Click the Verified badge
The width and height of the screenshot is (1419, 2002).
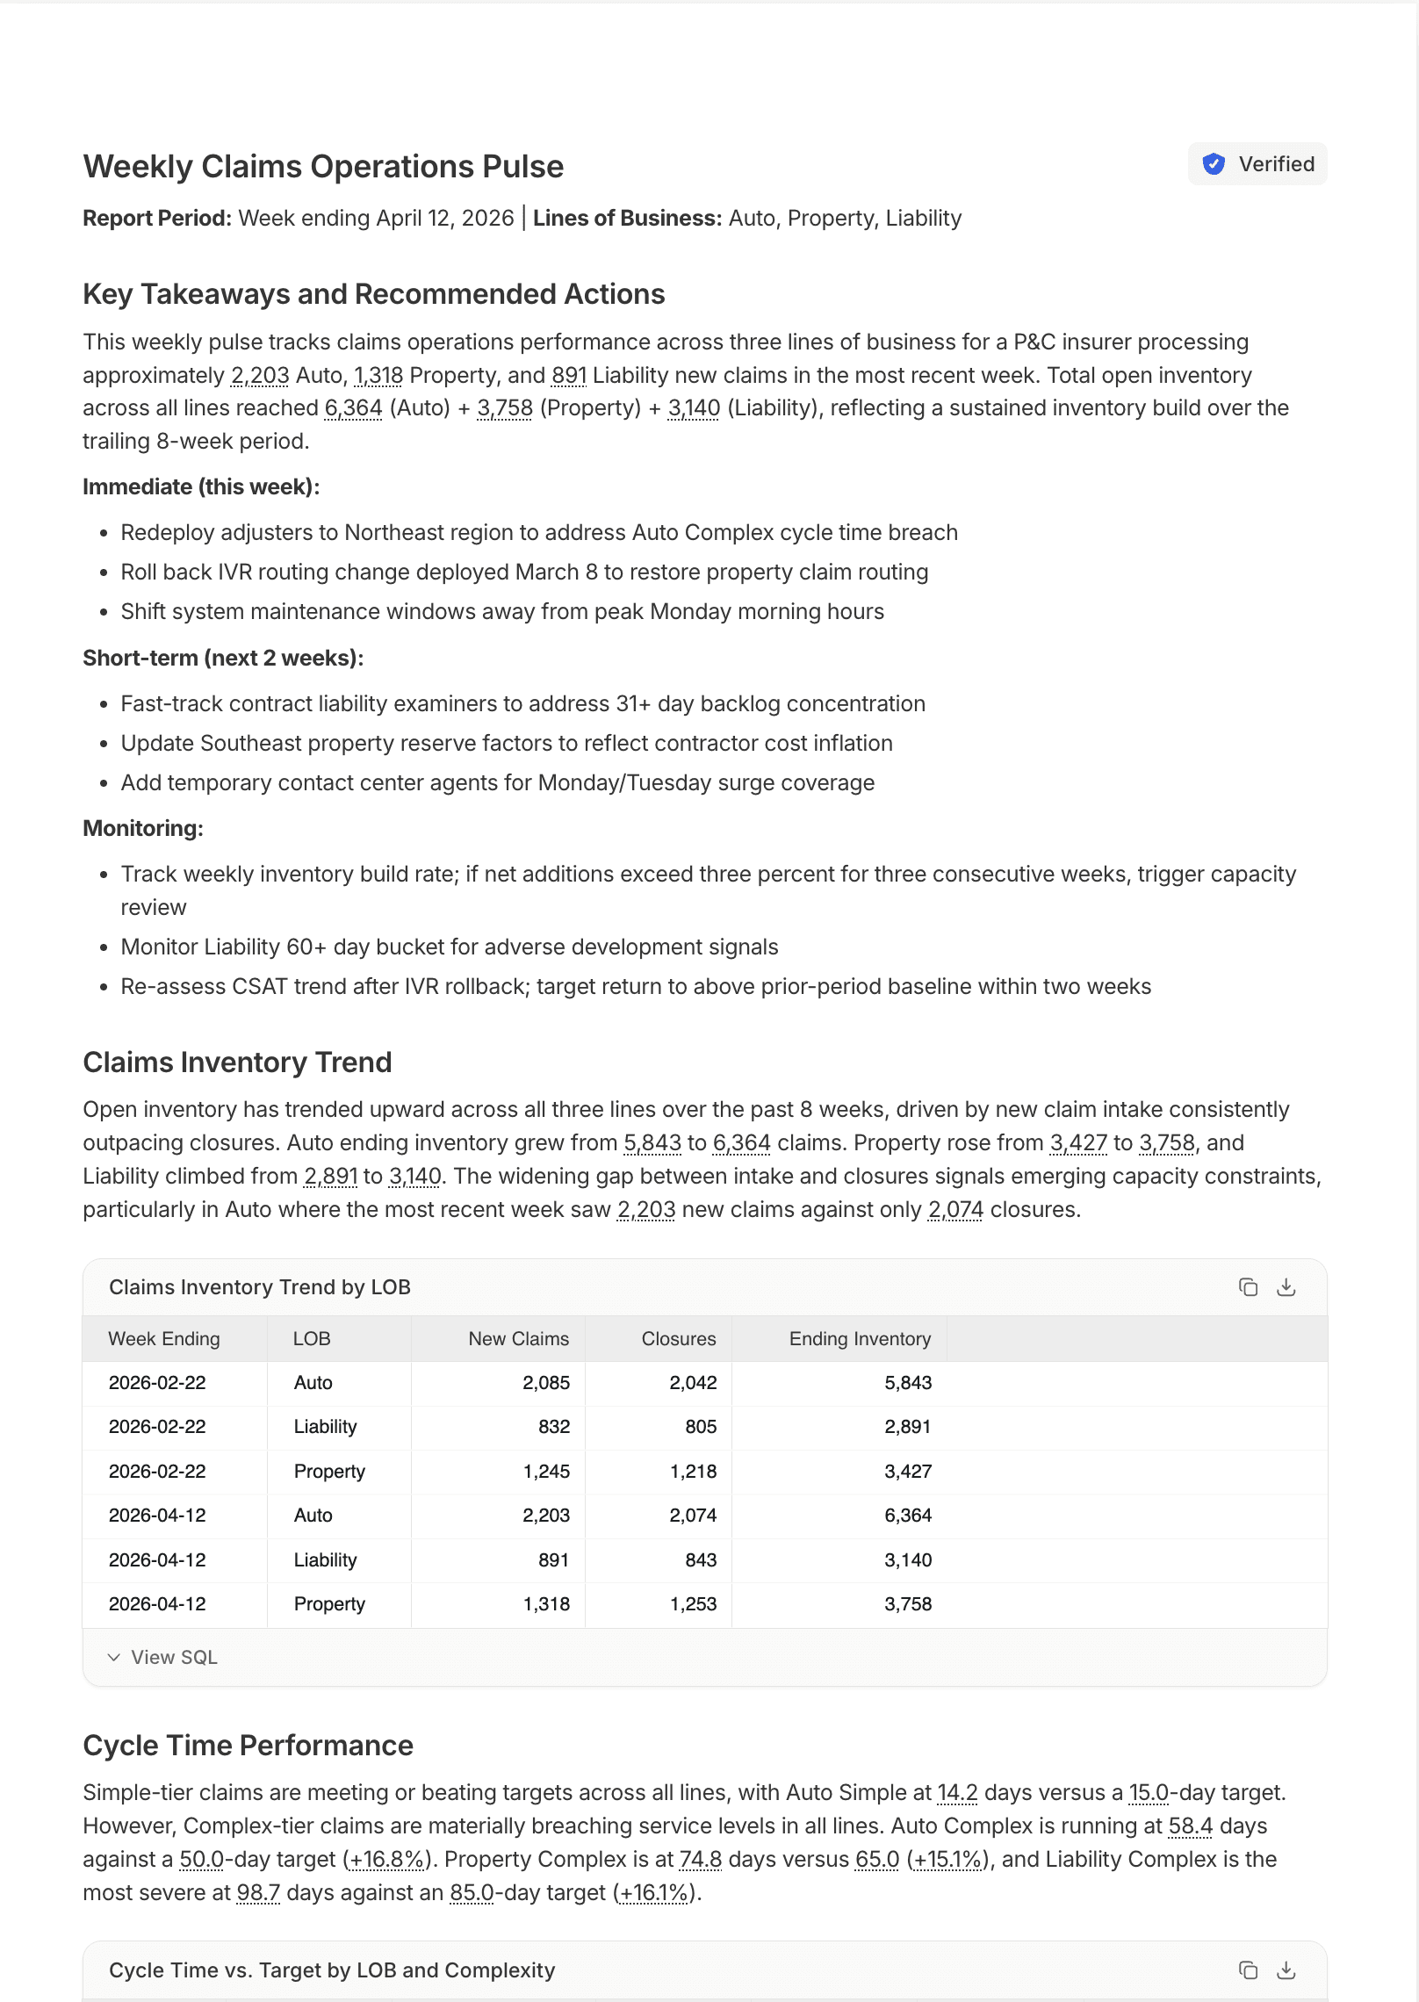1257,164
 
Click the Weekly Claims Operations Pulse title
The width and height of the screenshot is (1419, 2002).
323,167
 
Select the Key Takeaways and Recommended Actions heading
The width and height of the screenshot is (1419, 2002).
373,294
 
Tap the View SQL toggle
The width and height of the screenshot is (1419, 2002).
163,1657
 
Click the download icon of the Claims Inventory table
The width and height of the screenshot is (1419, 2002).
1286,1287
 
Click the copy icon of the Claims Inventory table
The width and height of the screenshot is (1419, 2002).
1248,1287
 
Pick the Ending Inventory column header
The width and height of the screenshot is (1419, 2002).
859,1339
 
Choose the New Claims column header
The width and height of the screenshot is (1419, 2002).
518,1339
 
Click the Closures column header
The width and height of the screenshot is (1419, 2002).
678,1339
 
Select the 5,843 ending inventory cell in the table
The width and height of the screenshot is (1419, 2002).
907,1383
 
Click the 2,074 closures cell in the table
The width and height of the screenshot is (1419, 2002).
693,1516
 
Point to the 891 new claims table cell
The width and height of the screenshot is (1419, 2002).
553,1560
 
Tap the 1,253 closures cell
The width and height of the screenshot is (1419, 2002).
693,1604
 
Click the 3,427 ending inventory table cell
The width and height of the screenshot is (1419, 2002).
907,1472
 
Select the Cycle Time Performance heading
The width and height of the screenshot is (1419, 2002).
248,1746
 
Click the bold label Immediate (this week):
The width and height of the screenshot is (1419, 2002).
201,486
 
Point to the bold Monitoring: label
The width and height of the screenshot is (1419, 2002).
143,828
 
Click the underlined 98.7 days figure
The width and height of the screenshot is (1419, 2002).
258,1893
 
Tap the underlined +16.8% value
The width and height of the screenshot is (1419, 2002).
387,1860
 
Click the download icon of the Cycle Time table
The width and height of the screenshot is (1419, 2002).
1286,1970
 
